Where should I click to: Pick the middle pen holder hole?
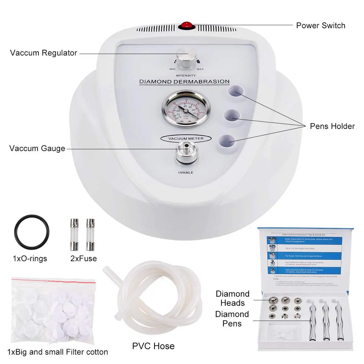(232, 115)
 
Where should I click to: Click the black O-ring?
(31, 232)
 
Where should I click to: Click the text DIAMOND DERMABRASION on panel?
(184, 82)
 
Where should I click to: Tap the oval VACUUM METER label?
(186, 139)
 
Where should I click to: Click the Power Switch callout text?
(321, 25)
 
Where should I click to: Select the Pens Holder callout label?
(332, 126)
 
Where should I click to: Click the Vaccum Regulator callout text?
(43, 53)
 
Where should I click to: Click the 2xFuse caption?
(84, 258)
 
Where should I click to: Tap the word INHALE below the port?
(186, 173)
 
